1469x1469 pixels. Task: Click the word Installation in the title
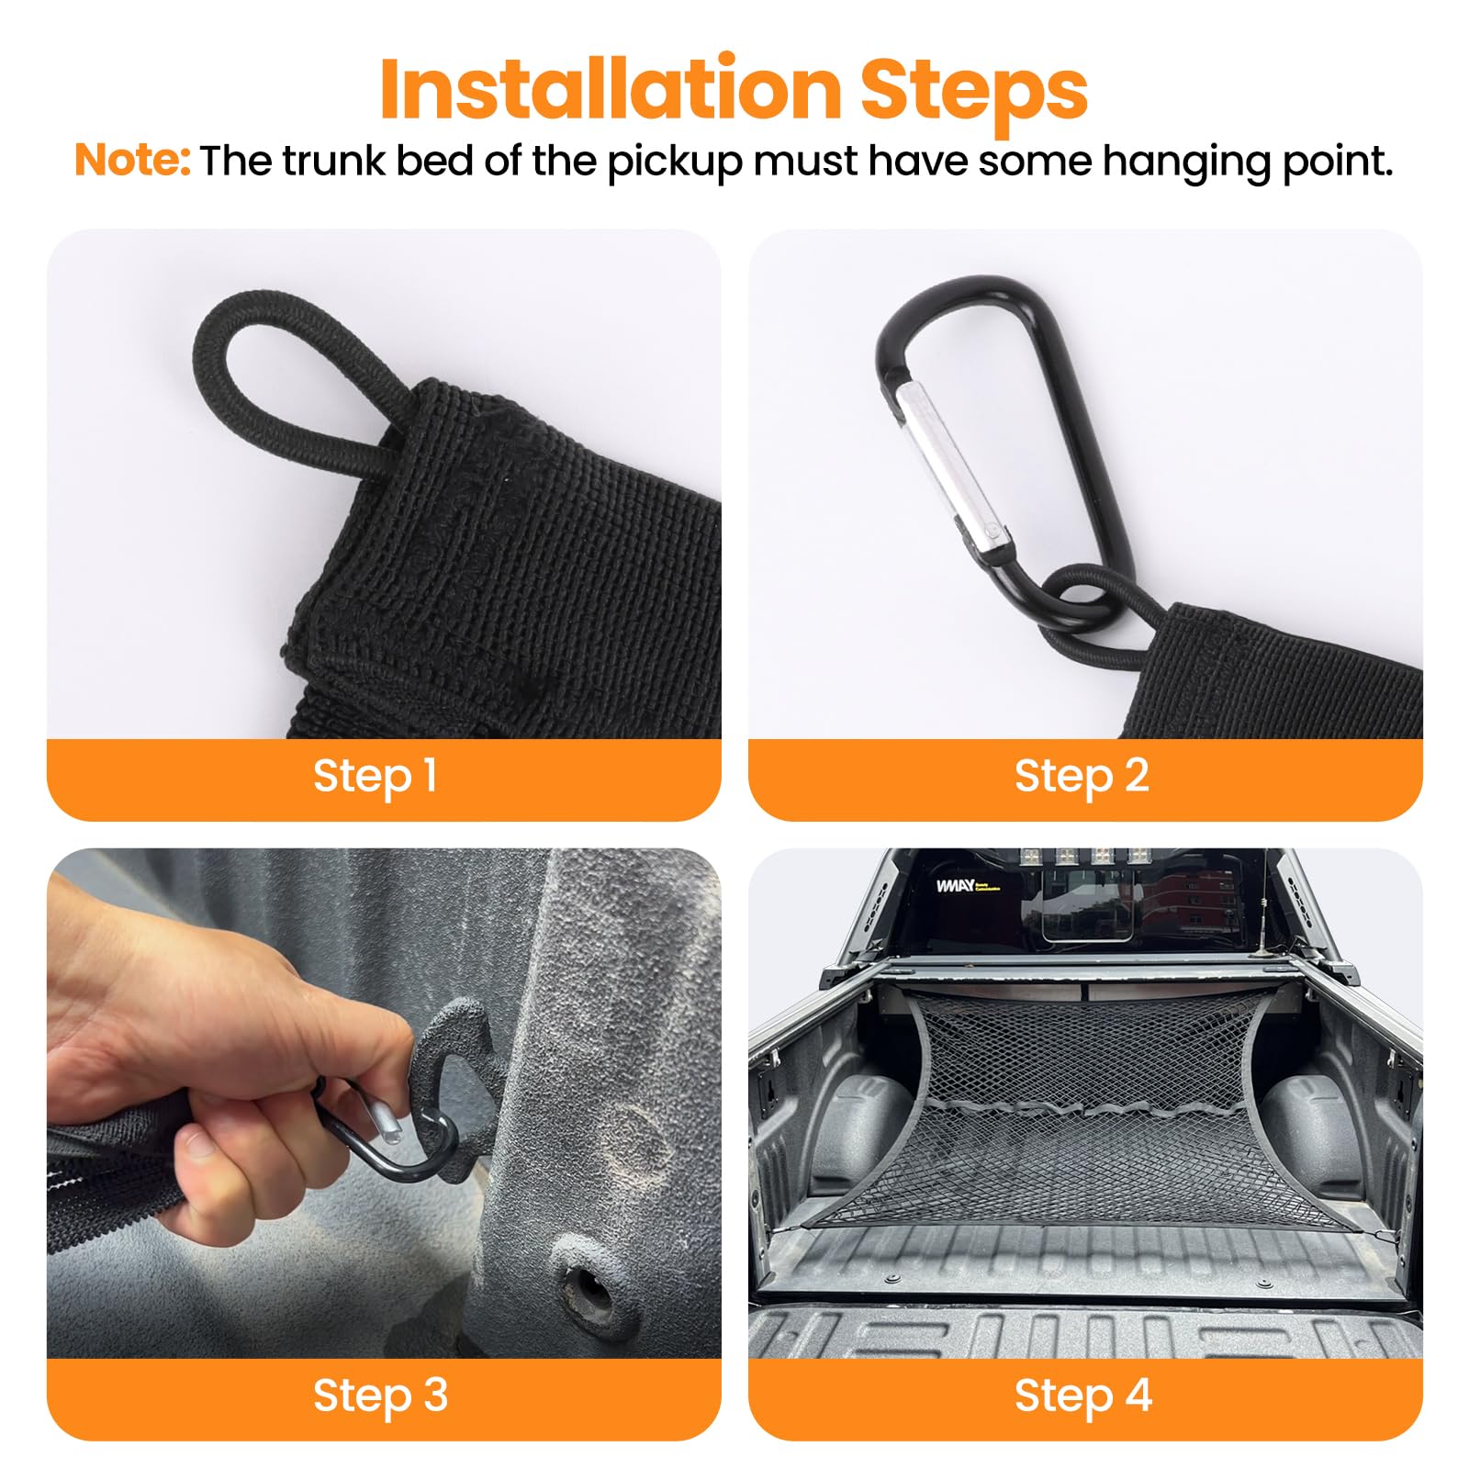610,89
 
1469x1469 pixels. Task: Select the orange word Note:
132,161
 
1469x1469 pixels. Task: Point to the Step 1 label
375,776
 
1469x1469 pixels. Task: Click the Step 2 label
1082,776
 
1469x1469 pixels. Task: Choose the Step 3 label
380,1396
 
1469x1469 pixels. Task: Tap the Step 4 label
1083,1396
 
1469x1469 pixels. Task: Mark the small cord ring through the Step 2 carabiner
1083,601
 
